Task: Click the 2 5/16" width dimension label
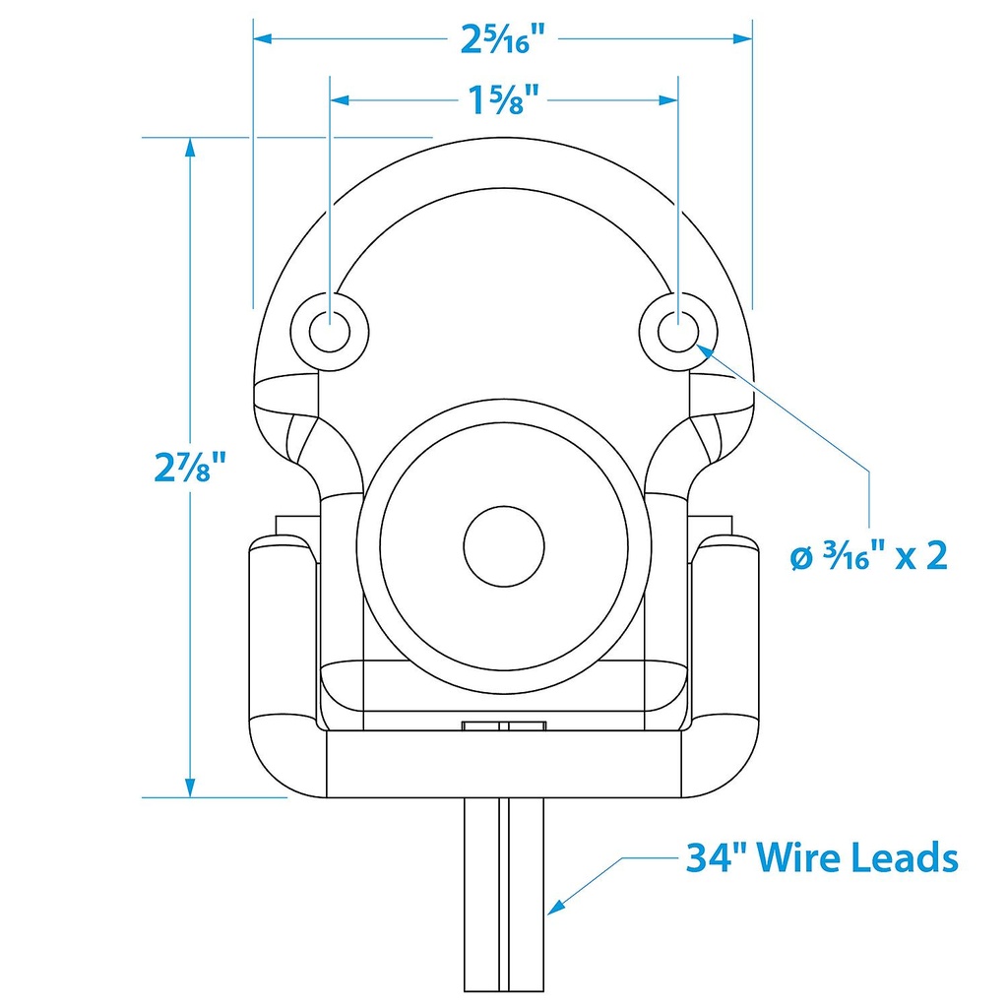[503, 39]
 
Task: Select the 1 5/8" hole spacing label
[503, 101]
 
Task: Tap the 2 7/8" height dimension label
[190, 467]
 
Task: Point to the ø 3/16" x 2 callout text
[869, 555]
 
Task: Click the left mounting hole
[330, 332]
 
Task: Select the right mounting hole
[678, 332]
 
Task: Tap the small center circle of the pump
[504, 546]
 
